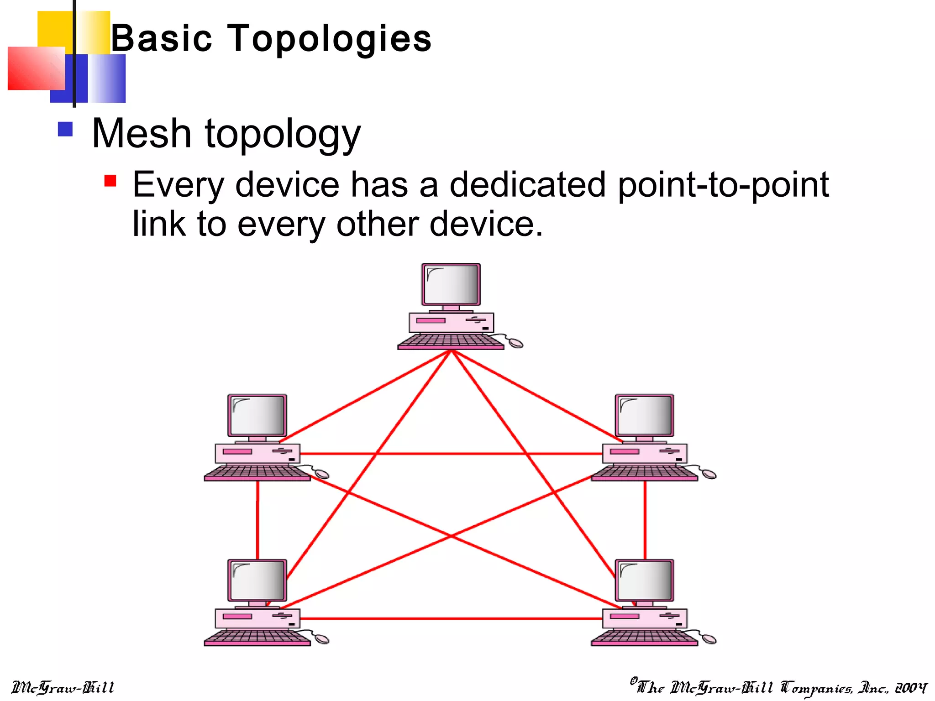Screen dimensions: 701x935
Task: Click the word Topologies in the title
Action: tap(329, 39)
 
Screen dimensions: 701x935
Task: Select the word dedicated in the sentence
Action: tap(528, 185)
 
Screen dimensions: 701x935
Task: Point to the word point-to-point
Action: tap(723, 185)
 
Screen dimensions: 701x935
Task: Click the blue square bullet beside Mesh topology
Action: tap(65, 129)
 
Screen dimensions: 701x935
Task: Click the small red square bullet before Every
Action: tap(110, 181)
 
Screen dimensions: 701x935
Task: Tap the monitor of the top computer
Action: tap(451, 284)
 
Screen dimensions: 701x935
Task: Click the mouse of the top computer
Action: tap(515, 343)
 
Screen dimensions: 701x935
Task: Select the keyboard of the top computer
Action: tap(450, 341)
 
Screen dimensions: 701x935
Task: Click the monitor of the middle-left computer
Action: tap(257, 415)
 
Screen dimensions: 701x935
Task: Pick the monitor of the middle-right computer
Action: tap(644, 415)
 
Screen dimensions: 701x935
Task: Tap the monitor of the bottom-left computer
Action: tap(257, 580)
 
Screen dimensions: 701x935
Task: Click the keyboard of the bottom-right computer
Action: tap(644, 637)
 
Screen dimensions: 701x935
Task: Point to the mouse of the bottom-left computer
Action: tap(322, 639)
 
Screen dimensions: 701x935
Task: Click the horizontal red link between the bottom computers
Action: tap(451, 618)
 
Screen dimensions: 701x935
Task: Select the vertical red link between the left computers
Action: tap(257, 520)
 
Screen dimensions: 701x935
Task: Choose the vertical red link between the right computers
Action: tap(645, 520)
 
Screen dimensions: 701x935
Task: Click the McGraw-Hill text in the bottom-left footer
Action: tap(63, 687)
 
